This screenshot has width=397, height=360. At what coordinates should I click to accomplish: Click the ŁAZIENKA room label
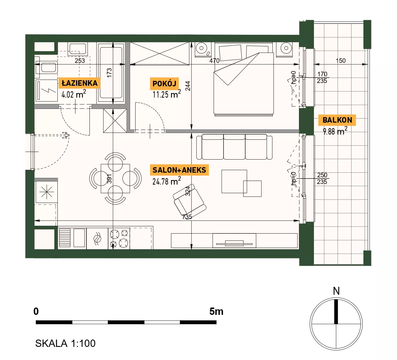[x=80, y=83]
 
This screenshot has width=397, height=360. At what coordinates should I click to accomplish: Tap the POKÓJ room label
[x=164, y=84]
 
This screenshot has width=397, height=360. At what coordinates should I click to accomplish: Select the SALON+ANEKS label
[x=179, y=170]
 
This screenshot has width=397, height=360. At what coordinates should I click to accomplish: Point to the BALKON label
[x=337, y=120]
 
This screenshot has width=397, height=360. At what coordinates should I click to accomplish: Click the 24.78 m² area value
[x=167, y=181]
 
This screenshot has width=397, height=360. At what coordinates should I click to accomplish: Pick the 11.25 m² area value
[x=167, y=94]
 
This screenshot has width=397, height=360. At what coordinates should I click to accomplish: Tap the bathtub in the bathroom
[x=111, y=73]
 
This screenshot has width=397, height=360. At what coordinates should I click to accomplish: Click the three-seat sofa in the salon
[x=234, y=146]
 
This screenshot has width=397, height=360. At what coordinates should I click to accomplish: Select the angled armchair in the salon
[x=189, y=200]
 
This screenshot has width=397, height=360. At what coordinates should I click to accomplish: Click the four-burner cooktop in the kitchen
[x=119, y=239]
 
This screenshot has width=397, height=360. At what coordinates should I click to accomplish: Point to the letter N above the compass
[x=336, y=291]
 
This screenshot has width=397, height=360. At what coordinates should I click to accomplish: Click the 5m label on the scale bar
[x=216, y=311]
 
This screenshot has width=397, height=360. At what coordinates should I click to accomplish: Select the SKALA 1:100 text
[x=65, y=344]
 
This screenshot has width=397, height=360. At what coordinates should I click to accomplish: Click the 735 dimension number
[x=187, y=217]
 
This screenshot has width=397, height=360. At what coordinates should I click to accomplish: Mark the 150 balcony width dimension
[x=341, y=60]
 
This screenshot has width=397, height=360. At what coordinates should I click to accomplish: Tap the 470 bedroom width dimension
[x=214, y=60]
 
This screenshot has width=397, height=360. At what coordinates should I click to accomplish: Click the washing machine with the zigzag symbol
[x=46, y=90]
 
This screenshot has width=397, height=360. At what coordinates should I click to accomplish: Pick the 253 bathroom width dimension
[x=80, y=60]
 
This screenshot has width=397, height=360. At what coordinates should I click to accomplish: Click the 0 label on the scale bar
[x=36, y=311]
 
